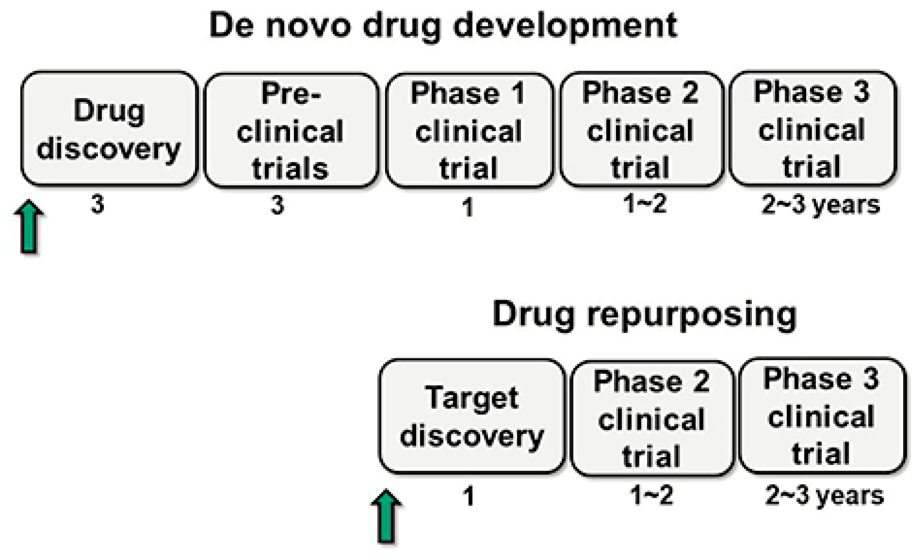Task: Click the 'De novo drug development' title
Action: tap(443, 25)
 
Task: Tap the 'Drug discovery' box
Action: tap(109, 128)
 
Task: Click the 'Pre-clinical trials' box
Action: tap(291, 130)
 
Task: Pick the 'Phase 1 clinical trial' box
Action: tap(469, 130)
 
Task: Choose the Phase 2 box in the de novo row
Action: tap(641, 129)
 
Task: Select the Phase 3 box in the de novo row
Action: tap(812, 128)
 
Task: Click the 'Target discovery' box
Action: tap(472, 416)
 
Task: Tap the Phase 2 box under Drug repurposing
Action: tap(652, 418)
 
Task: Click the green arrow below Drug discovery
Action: tap(29, 227)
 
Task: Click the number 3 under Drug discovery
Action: tap(98, 205)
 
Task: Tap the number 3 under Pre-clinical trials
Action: tap(277, 206)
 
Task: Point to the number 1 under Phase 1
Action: tap(468, 207)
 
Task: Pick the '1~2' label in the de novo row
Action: tap(645, 204)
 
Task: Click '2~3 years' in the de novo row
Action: tap(821, 206)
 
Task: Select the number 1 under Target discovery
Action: tap(469, 497)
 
